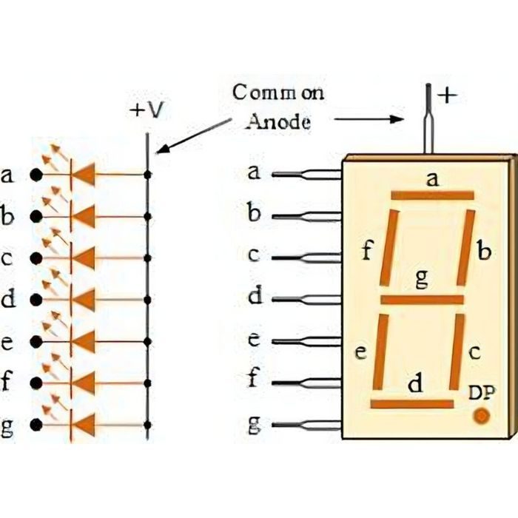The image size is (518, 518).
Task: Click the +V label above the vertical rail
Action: [147, 110]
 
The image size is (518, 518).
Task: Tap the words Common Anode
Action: [278, 107]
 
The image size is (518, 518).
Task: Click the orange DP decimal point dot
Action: [481, 415]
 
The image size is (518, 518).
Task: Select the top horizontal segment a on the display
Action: [432, 195]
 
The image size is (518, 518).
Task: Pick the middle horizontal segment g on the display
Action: [422, 300]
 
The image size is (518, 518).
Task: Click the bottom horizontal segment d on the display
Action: [412, 404]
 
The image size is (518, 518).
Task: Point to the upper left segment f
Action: [390, 248]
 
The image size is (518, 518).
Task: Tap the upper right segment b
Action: [465, 248]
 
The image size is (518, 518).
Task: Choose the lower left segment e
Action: [380, 351]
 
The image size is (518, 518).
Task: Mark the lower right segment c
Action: [457, 351]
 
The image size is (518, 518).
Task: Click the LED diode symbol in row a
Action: [83, 175]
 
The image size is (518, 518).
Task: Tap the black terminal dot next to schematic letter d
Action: [34, 300]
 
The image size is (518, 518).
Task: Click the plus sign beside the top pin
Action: [444, 95]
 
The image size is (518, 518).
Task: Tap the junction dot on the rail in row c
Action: [148, 258]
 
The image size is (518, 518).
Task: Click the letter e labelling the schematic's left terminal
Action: [8, 342]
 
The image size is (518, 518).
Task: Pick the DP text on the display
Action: [482, 393]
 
